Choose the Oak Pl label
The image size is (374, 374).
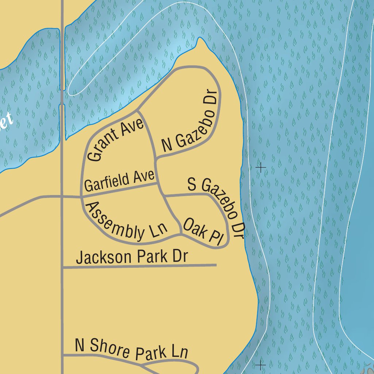(203, 232)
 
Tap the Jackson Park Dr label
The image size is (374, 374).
(131, 257)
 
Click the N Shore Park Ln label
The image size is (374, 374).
(131, 349)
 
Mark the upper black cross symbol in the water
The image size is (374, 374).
(261, 168)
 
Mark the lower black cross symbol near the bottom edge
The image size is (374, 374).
(260, 365)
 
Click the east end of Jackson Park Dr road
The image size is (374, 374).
(216, 265)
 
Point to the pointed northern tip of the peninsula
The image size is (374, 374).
(199, 38)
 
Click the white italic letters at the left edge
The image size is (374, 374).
(7, 121)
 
